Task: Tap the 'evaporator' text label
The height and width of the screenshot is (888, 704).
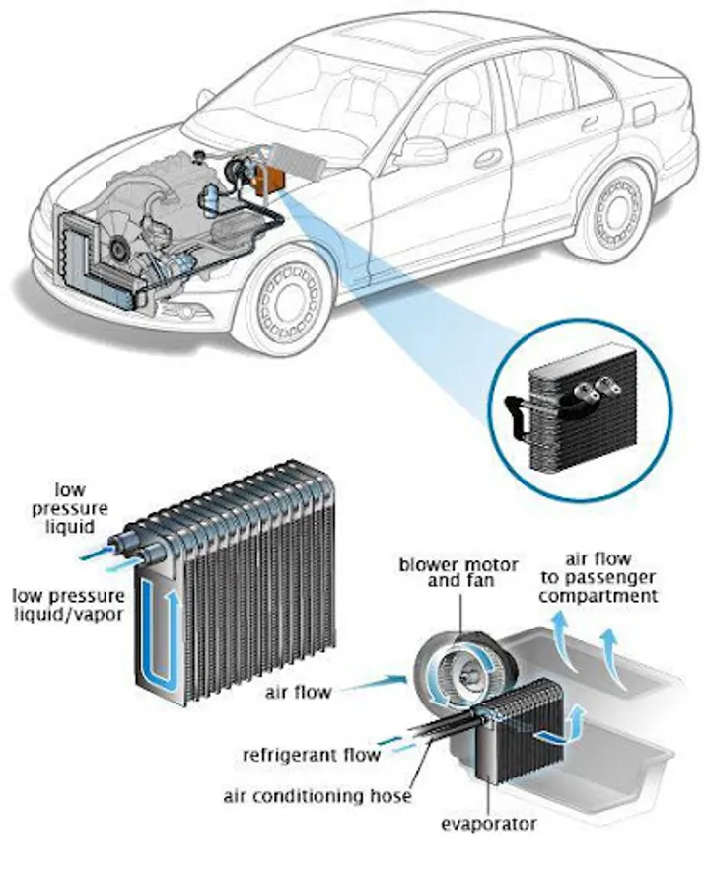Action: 491,823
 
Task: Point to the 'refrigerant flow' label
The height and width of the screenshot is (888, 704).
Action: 312,756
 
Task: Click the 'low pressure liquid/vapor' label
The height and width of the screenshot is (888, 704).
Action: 68,606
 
